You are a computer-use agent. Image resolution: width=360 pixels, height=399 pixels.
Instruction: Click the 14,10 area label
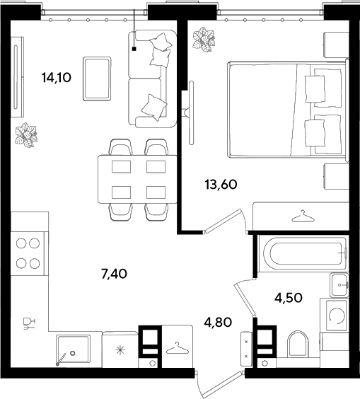pos(57,77)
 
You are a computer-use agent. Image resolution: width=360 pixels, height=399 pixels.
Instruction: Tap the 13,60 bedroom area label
pos(221,184)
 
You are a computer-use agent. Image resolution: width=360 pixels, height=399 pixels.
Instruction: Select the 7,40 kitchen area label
pos(114,274)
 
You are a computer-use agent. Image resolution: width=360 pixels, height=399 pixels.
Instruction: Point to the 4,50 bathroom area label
pos(289,297)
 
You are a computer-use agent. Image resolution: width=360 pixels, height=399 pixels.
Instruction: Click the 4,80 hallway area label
pos(218,322)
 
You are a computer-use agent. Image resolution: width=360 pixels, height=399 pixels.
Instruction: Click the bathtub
pos(303,253)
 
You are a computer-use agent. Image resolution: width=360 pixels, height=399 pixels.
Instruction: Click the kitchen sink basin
pos(74,349)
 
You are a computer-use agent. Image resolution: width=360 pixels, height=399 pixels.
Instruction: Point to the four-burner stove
pos(28,253)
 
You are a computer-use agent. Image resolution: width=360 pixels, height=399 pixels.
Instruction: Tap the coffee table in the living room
pos(97,79)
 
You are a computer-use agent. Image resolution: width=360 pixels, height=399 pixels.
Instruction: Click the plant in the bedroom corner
pos(204,40)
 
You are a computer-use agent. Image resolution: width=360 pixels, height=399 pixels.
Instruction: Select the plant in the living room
pos(25,135)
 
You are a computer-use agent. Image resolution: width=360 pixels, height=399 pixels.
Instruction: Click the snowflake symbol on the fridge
pos(120,350)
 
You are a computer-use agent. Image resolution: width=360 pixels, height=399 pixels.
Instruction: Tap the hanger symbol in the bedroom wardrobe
pos(303,216)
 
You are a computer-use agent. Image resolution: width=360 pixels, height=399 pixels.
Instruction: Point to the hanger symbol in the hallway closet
pos(178,348)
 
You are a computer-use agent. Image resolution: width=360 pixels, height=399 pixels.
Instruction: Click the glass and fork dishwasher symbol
pos(29,324)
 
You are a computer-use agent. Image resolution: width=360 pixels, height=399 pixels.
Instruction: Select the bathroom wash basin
pos(339,285)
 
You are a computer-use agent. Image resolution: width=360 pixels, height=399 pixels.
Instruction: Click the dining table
pos(138,179)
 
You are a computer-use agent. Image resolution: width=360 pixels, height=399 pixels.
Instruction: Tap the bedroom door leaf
pos(223,221)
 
